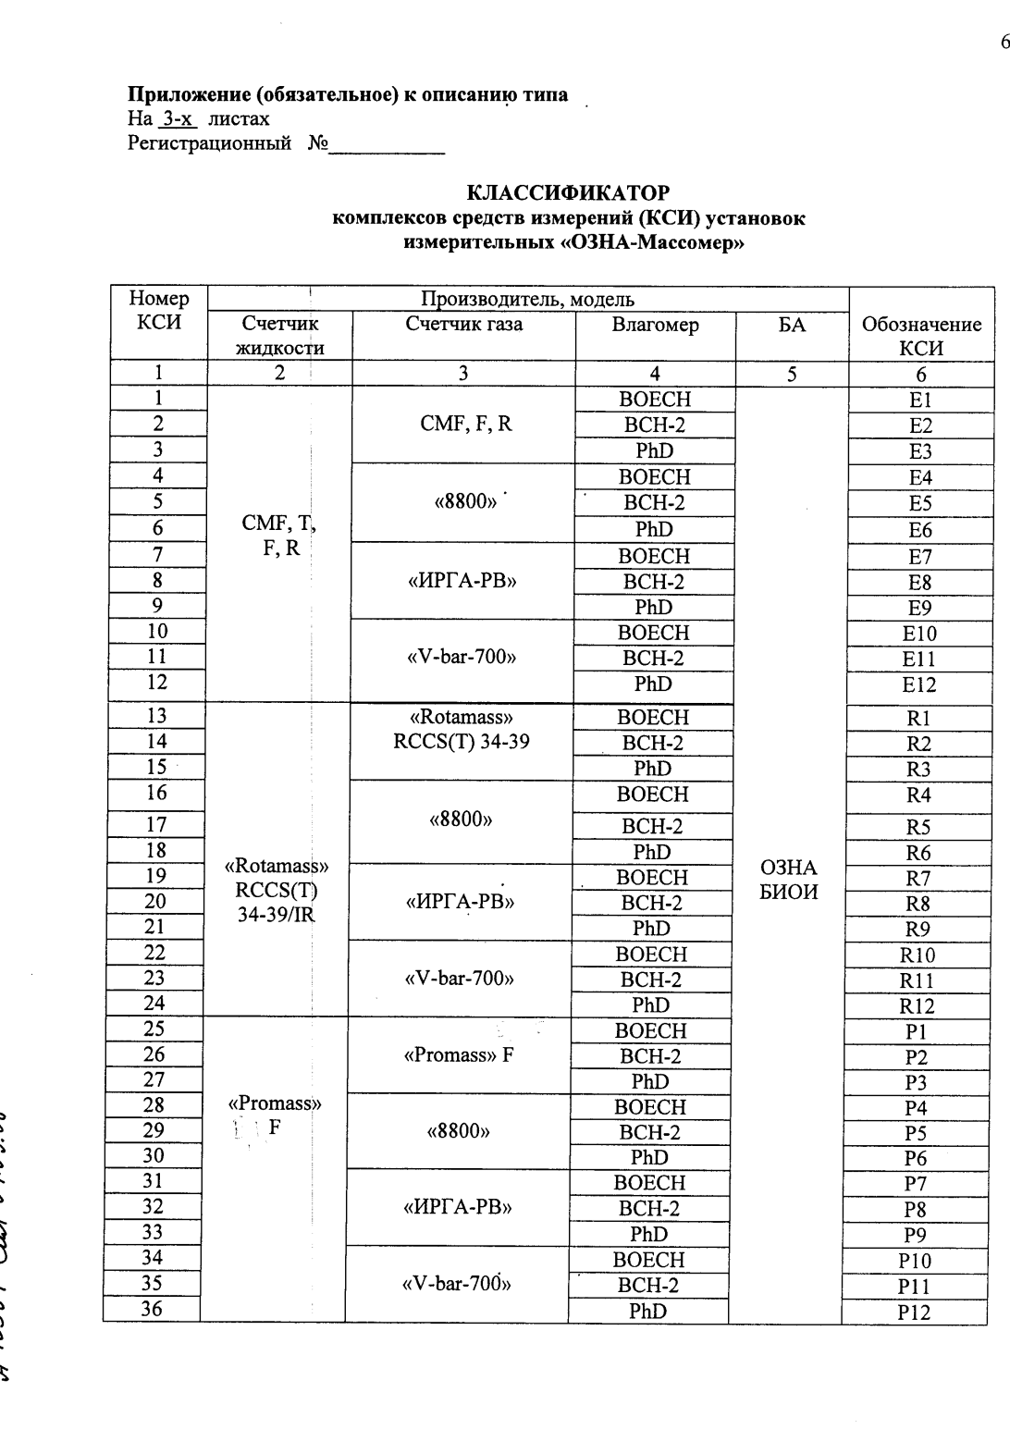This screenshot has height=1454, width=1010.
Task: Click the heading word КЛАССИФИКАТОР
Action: click(x=568, y=193)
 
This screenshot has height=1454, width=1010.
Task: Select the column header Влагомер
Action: click(x=655, y=326)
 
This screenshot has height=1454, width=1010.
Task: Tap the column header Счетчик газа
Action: click(x=463, y=324)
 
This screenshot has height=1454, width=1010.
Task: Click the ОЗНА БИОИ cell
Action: click(x=789, y=880)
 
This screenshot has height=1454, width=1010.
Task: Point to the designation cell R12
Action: click(x=917, y=1006)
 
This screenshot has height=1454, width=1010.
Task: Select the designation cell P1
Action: click(x=916, y=1032)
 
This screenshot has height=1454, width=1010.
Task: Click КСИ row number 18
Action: click(x=156, y=851)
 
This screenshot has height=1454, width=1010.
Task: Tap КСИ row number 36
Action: click(x=152, y=1309)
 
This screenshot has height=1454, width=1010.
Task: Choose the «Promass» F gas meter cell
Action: click(x=459, y=1055)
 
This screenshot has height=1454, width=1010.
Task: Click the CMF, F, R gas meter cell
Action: click(x=465, y=425)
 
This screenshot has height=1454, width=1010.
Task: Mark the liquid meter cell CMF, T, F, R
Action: click(x=278, y=536)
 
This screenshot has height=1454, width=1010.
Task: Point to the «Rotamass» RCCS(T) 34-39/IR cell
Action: click(x=277, y=892)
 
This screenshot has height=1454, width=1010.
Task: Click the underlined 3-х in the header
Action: click(x=179, y=119)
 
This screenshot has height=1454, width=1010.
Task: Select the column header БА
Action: click(x=792, y=325)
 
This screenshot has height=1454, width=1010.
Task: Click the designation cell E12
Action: click(x=919, y=685)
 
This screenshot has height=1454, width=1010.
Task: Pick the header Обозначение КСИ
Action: click(x=921, y=337)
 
